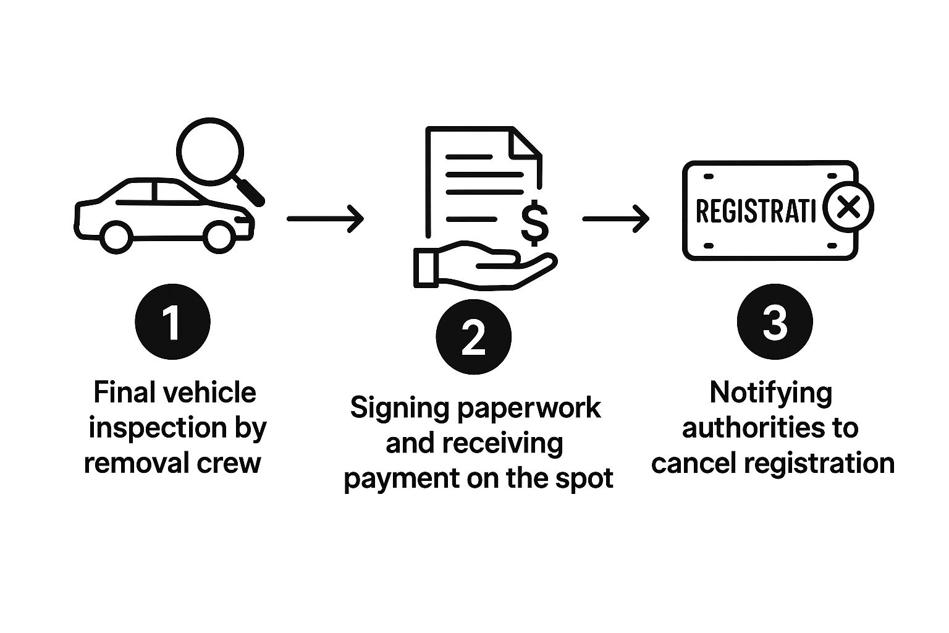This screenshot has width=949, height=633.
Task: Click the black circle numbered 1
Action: [172, 321]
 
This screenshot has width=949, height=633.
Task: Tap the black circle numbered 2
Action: [473, 337]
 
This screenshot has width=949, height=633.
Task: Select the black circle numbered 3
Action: [775, 321]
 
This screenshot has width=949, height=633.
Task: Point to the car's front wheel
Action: [218, 236]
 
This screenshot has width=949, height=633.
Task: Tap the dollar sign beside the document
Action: [534, 224]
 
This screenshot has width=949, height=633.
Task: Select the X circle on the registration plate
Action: [850, 207]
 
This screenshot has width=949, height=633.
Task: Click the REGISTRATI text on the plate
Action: [755, 211]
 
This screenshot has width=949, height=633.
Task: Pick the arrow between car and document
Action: [326, 218]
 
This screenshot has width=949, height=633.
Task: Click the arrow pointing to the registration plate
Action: [616, 218]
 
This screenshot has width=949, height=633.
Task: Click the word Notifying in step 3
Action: [770, 393]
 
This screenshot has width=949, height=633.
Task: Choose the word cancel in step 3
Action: [690, 463]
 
